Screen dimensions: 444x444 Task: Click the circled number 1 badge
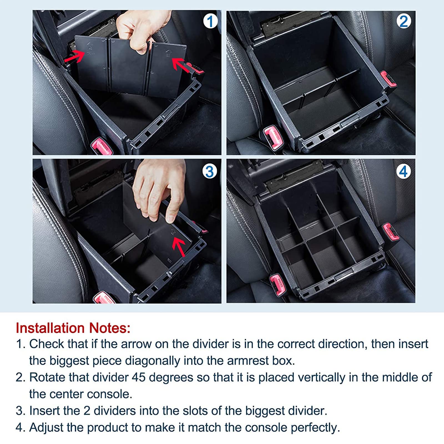pyautogui.click(x=210, y=21)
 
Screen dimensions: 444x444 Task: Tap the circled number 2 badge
pyautogui.click(x=403, y=21)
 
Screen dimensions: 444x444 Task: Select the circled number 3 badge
pyautogui.click(x=210, y=171)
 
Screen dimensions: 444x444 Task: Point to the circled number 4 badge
pyautogui.click(x=403, y=171)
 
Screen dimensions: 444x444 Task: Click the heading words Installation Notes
pyautogui.click(x=73, y=328)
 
